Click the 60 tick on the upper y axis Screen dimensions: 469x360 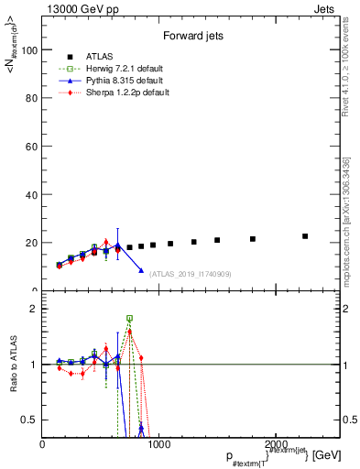tap(32, 147)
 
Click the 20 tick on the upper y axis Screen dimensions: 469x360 tap(32, 243)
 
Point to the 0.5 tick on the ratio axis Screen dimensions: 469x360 tap(30, 420)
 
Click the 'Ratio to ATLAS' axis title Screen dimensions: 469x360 tap(12, 364)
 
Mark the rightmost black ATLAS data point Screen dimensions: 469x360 tap(305, 236)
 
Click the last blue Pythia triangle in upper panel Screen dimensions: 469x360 tap(141, 270)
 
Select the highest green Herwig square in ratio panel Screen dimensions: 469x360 tap(129, 318)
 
